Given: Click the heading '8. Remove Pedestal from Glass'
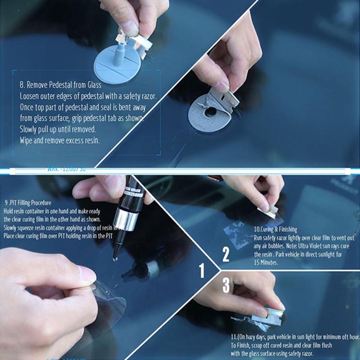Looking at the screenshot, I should pos(60,85).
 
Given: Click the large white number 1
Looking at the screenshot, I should pos(202,270).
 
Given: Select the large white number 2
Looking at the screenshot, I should pos(226,255).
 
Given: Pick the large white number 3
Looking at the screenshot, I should pos(226,285).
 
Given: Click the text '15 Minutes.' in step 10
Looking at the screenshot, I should pos(266,262).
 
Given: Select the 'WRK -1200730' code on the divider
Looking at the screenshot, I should pos(66,170).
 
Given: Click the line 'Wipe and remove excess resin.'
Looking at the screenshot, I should pos(60,140).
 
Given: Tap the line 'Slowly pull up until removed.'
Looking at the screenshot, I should pos(58,129).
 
